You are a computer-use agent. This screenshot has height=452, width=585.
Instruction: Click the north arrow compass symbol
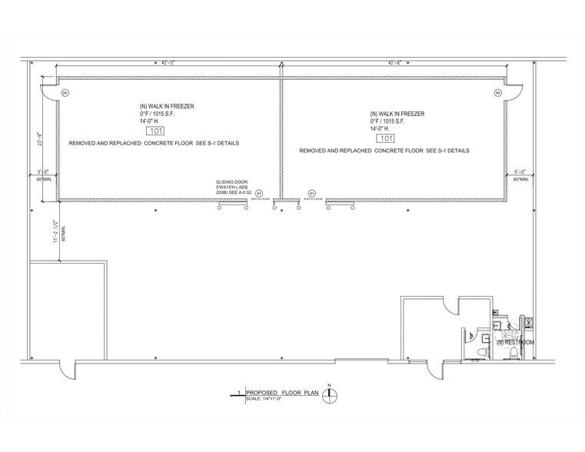330,397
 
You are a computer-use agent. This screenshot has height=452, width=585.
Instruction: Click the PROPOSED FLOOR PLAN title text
279,392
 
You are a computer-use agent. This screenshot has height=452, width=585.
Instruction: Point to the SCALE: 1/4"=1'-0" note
264,398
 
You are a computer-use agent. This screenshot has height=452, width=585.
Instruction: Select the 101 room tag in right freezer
387,138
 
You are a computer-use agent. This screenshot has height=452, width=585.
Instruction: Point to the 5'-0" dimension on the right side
520,171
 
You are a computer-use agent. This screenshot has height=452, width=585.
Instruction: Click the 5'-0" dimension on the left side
43,171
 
